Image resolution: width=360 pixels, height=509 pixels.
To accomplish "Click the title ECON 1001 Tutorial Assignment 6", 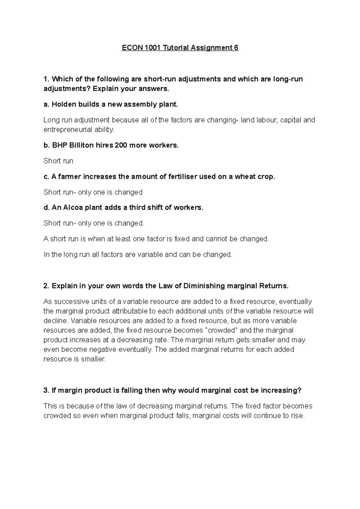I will pyautogui.click(x=180, y=48).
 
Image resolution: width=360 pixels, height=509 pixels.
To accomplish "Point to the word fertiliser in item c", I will pyautogui.click(x=181, y=177).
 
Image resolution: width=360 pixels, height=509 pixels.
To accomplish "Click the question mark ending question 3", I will pyautogui.click(x=299, y=391).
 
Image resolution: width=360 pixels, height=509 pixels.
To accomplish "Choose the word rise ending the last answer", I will pyautogui.click(x=297, y=416).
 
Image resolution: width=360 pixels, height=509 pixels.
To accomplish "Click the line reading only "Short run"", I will pyautogui.click(x=58, y=161).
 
